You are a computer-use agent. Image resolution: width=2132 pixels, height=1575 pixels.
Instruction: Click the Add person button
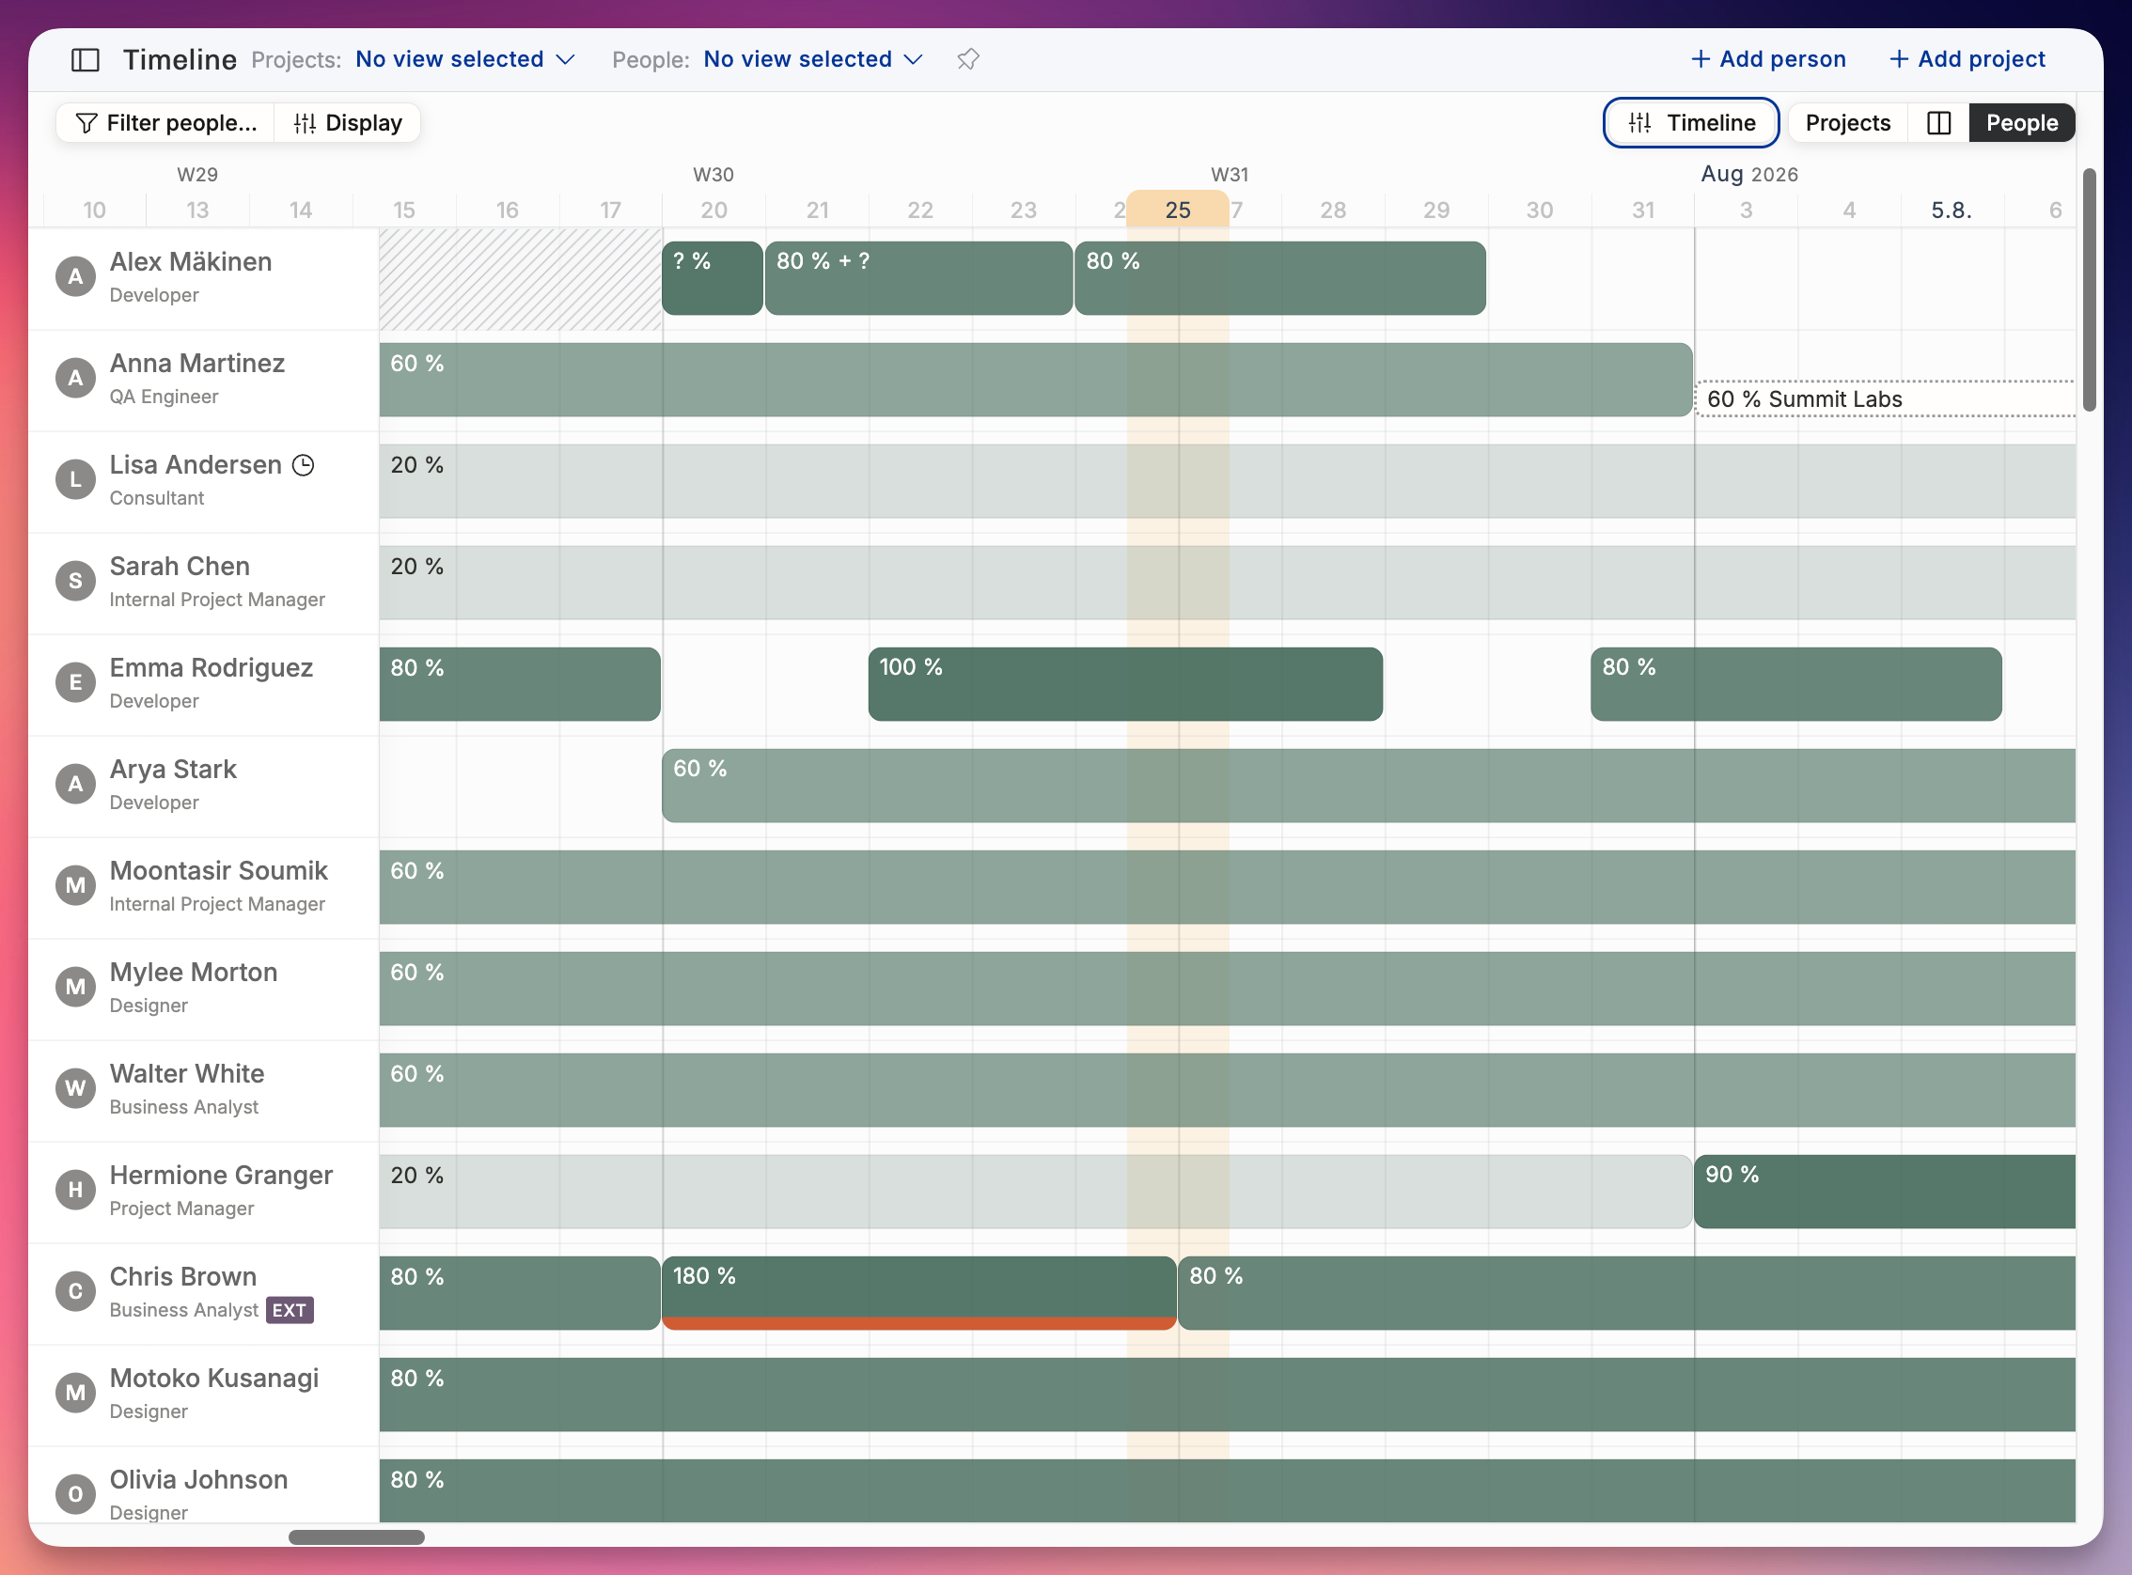(1768, 59)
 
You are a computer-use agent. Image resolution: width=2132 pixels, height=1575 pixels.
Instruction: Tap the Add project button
(1967, 59)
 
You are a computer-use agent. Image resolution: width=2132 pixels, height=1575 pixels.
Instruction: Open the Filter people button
(165, 123)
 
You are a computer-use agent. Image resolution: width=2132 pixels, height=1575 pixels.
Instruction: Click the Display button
(348, 123)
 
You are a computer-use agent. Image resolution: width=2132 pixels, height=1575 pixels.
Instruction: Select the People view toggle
(2021, 123)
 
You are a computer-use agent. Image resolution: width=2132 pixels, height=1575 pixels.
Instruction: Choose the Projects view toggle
(1847, 123)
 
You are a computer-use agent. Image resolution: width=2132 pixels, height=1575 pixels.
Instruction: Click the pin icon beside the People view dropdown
(968, 59)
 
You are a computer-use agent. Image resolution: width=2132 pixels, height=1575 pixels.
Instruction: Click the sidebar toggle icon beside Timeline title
(86, 60)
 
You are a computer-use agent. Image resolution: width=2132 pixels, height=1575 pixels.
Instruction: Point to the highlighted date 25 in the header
(1178, 210)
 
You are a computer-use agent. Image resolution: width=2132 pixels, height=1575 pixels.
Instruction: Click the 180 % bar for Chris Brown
(919, 1292)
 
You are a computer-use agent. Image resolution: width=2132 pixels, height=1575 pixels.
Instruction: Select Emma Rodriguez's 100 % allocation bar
(1125, 683)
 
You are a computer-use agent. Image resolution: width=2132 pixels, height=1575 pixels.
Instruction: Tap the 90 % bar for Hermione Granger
(1884, 1191)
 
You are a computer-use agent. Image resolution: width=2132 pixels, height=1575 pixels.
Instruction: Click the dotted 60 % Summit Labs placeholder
(1885, 398)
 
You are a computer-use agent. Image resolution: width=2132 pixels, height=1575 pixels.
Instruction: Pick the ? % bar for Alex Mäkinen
(713, 277)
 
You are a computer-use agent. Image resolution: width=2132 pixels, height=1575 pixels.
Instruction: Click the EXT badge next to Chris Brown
(289, 1310)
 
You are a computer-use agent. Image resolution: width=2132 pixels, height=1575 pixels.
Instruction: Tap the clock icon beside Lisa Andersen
(304, 465)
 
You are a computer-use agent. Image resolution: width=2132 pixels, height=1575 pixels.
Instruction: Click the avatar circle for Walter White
(75, 1088)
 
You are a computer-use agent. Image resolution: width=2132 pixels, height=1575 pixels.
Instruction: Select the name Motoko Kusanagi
(214, 1378)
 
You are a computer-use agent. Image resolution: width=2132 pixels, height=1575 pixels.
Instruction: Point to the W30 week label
(713, 175)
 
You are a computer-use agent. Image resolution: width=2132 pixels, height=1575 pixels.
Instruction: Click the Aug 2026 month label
(1749, 174)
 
